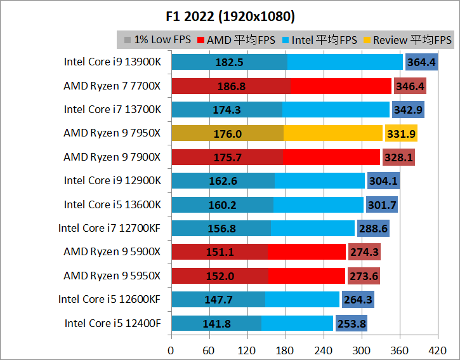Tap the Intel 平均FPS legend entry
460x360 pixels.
coord(321,40)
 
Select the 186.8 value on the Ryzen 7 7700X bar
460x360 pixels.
coord(231,86)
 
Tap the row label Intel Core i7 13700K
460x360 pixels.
coord(112,110)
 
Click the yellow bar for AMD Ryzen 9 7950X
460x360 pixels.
coord(332,133)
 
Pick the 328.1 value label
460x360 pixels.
coord(398,157)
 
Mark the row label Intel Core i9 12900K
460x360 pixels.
coord(112,181)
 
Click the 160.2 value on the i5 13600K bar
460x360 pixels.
coord(222,205)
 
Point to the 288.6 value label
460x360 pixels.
coord(373,229)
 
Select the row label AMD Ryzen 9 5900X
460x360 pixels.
coord(112,252)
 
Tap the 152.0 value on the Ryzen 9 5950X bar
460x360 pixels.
coord(220,276)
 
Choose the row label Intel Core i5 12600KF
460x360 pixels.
coord(110,300)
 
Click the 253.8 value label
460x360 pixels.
coord(351,324)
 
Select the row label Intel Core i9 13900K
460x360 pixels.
coord(112,62)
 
